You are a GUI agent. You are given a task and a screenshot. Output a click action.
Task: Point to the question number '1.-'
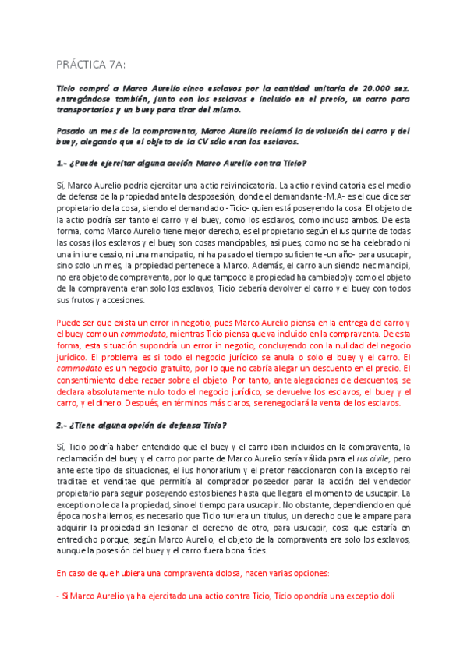coord(64,163)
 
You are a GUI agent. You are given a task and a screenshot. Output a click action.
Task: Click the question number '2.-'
coord(64,425)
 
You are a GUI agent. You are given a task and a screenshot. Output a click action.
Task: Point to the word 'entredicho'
coord(81,539)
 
